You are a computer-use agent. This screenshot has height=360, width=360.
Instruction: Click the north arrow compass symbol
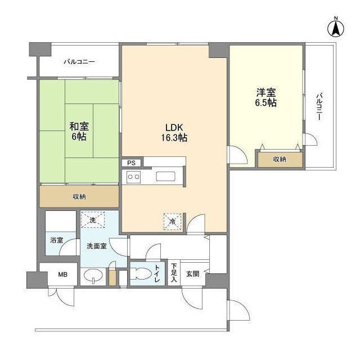tap(336, 28)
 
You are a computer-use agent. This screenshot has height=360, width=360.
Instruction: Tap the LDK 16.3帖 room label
tap(174, 133)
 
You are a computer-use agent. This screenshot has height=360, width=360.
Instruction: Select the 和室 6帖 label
tap(79, 131)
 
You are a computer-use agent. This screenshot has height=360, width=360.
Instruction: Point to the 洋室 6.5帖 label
tap(266, 97)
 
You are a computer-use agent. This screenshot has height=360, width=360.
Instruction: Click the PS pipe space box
tap(131, 163)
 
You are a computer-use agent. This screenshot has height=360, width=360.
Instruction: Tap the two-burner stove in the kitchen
tap(134, 177)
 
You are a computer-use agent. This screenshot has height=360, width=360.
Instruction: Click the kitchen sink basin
tap(165, 177)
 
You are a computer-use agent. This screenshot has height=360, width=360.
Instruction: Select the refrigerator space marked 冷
tap(172, 222)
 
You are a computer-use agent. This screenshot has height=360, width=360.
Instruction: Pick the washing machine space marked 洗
tap(93, 220)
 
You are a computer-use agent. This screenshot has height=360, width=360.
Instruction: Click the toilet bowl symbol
tap(141, 274)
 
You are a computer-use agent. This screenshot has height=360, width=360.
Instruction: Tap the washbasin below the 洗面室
tap(93, 275)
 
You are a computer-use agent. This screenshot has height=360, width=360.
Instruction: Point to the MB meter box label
tap(62, 274)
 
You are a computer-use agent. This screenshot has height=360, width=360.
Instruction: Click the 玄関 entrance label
tap(192, 274)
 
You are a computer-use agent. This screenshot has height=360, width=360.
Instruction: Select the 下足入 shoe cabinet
tap(174, 273)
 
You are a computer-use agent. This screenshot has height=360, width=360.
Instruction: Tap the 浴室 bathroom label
tap(57, 240)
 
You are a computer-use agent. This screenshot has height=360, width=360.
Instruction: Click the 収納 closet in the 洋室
tap(280, 159)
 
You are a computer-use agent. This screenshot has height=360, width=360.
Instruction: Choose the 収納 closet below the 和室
tap(79, 196)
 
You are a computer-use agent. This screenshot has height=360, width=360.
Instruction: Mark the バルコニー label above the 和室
tap(79, 62)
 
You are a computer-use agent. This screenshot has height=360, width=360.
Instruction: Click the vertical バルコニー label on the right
tap(319, 106)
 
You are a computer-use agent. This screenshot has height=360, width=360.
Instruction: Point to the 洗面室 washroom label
tap(97, 246)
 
